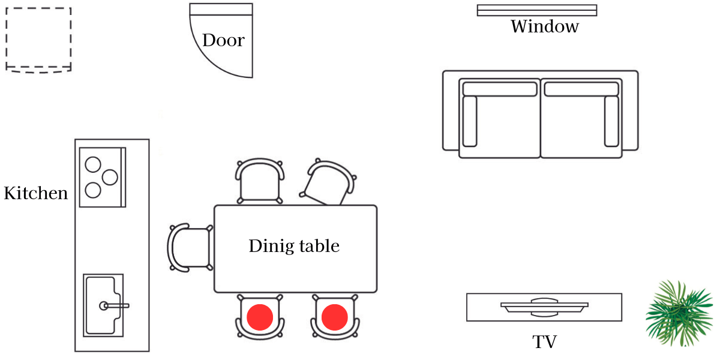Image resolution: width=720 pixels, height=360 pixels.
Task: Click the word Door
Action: pos(223,41)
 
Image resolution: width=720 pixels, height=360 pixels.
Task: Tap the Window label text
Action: pos(544,26)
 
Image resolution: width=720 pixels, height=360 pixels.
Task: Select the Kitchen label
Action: pos(35,194)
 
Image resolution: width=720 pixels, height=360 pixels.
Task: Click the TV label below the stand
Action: pos(544,342)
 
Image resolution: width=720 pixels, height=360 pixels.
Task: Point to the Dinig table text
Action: pos(294,246)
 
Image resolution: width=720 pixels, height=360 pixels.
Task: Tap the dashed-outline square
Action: pos(38,40)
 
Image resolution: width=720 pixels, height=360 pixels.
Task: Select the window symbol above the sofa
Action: pos(537,10)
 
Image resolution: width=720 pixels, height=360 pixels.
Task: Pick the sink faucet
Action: pos(114,305)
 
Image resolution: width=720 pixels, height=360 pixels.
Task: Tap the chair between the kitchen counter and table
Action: pos(189,248)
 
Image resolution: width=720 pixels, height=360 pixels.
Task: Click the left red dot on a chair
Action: pos(260,317)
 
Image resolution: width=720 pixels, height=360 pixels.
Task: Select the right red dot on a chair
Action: pos(334,317)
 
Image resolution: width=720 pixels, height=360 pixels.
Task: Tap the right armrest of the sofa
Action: pos(611,121)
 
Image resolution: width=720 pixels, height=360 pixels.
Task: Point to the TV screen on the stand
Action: pos(544,305)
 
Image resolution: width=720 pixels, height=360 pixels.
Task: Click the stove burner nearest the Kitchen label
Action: pos(92,190)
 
